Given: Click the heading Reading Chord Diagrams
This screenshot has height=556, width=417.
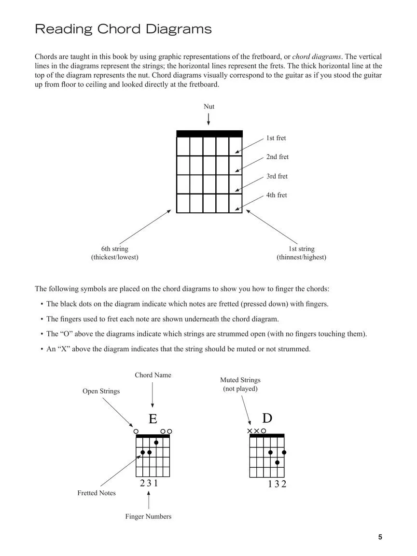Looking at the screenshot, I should [123, 29].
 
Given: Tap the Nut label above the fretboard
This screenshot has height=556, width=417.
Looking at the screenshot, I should [209, 106].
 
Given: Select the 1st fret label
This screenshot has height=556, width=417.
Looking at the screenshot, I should [276, 138].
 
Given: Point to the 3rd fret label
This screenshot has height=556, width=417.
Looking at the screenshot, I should [277, 176].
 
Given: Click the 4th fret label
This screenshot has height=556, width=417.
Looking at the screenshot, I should [277, 195].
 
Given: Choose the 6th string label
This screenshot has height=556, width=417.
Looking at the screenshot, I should [115, 253].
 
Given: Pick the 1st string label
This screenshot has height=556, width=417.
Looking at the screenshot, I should [302, 253].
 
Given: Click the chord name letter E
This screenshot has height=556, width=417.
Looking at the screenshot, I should [153, 419].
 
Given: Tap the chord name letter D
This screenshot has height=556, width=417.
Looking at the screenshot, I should [267, 418].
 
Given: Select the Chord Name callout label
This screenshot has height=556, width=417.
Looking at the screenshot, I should [153, 375].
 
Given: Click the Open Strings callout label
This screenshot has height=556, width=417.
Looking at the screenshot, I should [101, 391].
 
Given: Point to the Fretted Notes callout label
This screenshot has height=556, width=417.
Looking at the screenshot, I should [97, 493].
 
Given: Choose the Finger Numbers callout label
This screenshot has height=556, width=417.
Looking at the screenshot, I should [148, 516].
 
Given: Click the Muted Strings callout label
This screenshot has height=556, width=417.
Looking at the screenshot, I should [240, 384].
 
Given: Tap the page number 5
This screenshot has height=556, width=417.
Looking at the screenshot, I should [380, 537].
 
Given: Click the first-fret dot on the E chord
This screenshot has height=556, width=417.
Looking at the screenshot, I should [156, 442].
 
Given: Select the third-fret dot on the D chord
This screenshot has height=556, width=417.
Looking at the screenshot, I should [277, 462].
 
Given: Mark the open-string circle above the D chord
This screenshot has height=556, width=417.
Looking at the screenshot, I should [264, 431].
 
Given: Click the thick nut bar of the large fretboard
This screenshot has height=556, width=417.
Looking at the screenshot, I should [209, 134].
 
